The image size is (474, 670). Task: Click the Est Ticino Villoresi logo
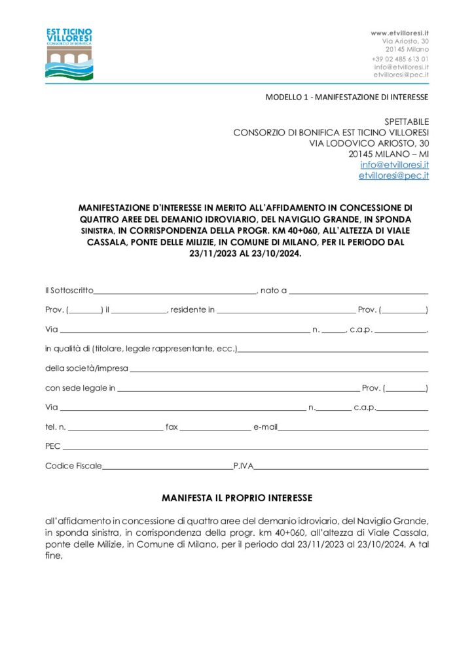[x=69, y=54]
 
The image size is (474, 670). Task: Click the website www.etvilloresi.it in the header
[x=399, y=32]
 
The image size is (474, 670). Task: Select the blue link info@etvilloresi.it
[x=394, y=164]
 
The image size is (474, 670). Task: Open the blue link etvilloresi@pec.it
[x=393, y=176]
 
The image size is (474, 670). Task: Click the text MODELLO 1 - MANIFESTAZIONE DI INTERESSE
[x=347, y=97]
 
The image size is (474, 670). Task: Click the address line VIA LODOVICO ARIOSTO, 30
[x=369, y=143]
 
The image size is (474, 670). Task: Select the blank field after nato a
[x=358, y=290]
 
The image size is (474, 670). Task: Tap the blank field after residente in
[x=286, y=310]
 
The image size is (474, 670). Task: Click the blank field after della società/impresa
[x=278, y=369]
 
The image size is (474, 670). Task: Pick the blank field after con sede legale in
[x=238, y=389]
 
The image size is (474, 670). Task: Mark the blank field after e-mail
[x=354, y=428]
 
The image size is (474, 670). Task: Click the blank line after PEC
[x=245, y=448]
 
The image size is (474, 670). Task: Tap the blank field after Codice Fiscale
[x=168, y=467]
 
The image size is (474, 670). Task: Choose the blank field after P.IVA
[x=341, y=467]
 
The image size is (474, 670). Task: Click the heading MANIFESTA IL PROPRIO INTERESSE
[x=237, y=498]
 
